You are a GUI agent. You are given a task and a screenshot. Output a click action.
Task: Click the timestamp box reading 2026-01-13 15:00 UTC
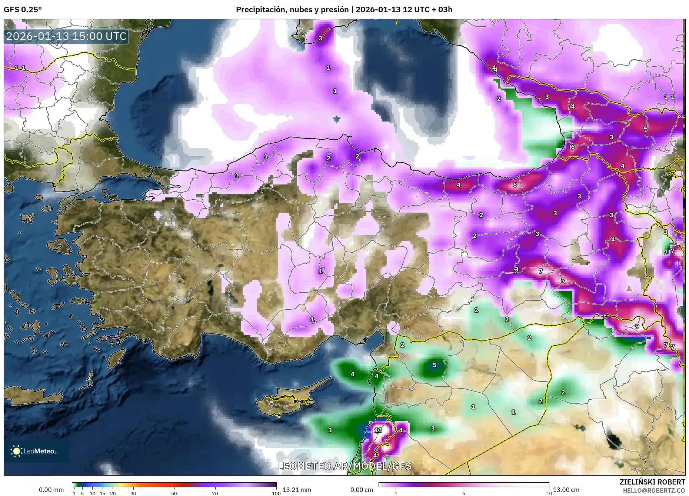coord(67,36)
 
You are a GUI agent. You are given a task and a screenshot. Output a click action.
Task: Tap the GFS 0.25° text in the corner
coord(23,10)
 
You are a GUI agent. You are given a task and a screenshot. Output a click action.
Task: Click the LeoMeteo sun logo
coord(16,451)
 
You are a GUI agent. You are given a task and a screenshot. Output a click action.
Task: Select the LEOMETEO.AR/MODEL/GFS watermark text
coord(344,466)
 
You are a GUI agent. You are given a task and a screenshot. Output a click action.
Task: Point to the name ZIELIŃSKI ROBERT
coord(652,482)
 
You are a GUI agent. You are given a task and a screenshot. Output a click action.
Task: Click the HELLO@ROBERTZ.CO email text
coord(653,490)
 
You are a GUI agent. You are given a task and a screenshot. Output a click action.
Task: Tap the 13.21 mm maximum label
coord(297,490)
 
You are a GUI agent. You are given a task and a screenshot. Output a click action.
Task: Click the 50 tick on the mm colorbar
coord(174,493)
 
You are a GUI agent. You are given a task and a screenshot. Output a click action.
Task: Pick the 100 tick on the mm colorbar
coord(276,493)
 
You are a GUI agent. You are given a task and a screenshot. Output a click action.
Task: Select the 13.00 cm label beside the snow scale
coord(566,490)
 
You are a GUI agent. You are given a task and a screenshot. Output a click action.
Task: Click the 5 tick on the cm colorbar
coord(464,493)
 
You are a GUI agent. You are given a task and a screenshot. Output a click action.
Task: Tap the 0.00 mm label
coord(51,490)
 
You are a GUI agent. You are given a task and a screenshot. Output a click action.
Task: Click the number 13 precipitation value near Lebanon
coord(378,430)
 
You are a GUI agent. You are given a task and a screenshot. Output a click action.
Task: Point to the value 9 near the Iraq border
coord(637,326)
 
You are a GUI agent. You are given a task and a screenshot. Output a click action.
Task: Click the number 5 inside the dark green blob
coord(435,365)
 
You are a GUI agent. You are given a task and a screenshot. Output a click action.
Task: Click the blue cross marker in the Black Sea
coord(336,119)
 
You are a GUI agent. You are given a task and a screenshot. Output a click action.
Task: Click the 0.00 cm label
coord(362,490)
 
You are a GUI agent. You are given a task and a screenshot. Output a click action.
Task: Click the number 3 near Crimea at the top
coord(320,38)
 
